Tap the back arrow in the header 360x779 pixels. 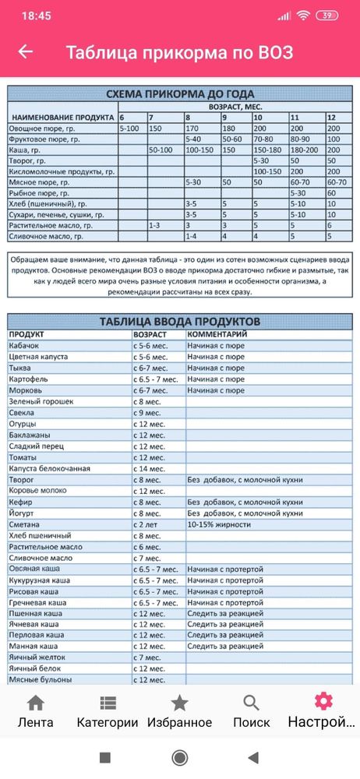(x=26, y=52)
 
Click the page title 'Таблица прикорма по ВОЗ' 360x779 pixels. (x=179, y=52)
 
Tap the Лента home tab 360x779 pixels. (x=35, y=711)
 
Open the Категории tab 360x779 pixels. (x=108, y=711)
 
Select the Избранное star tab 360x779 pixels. (x=179, y=711)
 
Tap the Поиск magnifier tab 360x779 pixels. (x=251, y=711)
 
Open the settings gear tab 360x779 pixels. (x=323, y=710)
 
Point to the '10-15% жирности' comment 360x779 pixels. (x=221, y=525)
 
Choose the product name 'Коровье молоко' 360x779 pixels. (x=41, y=492)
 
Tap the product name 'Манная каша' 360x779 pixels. (x=35, y=647)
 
